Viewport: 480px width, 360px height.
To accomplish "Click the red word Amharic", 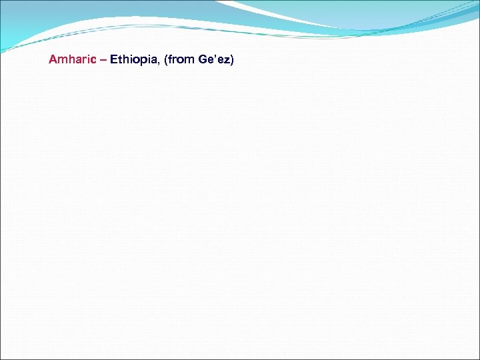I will (x=72, y=59).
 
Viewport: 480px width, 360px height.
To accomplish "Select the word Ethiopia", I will (x=134, y=59).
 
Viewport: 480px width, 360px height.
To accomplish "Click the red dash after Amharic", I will (x=103, y=59).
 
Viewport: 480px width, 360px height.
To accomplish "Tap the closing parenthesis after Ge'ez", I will (x=233, y=59).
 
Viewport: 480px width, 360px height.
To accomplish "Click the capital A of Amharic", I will (x=53, y=59).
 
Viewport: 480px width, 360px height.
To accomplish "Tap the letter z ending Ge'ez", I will (x=227, y=60).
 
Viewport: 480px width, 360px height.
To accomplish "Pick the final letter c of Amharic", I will (x=93, y=60).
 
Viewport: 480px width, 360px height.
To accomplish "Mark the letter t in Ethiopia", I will (x=120, y=59).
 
